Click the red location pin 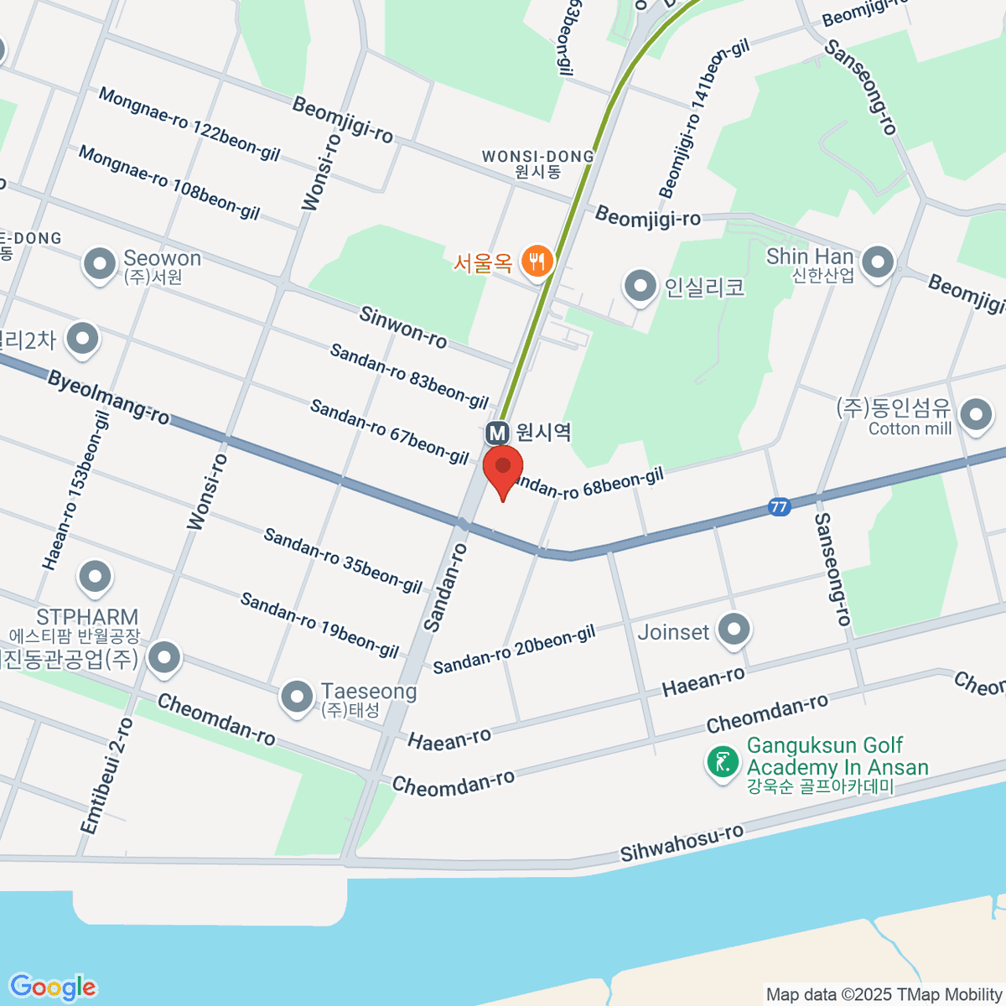503,469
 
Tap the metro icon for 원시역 498,433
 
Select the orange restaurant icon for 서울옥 536,262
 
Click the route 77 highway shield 779,507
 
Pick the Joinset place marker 735,630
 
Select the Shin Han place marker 878,262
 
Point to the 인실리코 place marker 640,286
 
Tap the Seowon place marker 100,264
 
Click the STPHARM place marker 95,577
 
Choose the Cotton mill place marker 976,414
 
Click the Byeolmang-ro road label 108,397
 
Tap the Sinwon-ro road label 402,327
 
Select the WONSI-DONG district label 537,157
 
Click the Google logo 53,988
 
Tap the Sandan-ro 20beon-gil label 514,649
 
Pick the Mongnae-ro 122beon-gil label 189,124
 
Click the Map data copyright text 884,995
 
